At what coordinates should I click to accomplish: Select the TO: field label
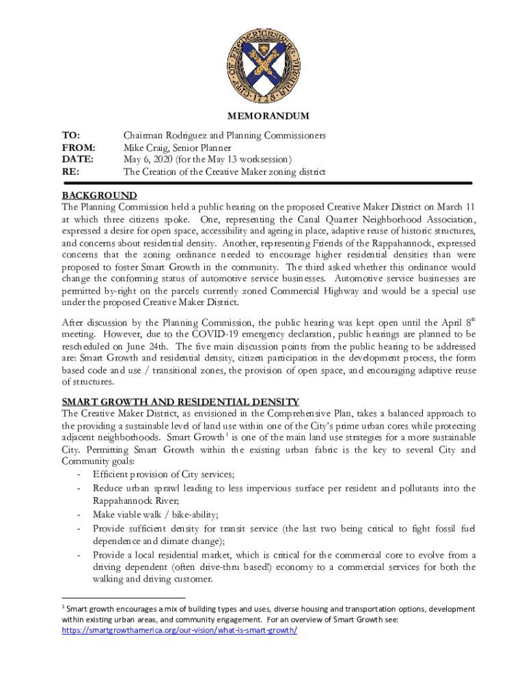coord(71,136)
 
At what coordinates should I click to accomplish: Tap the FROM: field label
coord(79,147)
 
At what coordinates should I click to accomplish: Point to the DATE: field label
coord(77,160)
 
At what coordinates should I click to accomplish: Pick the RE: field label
coord(70,172)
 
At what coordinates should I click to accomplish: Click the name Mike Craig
coord(147,147)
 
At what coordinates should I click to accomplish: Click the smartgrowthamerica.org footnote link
coord(180,631)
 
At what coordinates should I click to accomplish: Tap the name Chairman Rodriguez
coord(165,136)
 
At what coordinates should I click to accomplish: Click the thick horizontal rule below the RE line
coord(267,184)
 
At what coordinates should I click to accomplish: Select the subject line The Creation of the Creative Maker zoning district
coord(224,172)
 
